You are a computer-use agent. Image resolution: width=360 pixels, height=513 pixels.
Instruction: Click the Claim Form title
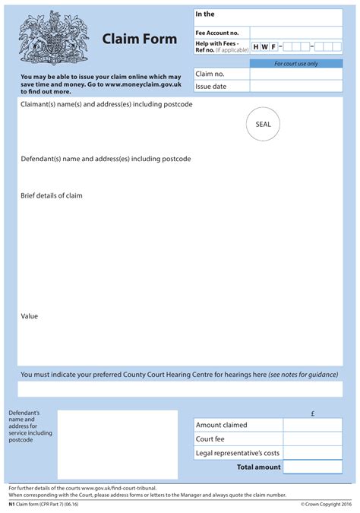[139, 39]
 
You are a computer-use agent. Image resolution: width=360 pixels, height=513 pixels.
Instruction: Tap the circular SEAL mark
[263, 124]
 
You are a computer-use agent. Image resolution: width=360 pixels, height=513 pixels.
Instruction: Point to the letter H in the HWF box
[256, 47]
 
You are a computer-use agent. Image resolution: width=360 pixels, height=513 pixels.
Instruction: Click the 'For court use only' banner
[295, 64]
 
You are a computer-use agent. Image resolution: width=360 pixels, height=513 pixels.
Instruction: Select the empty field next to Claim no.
[295, 74]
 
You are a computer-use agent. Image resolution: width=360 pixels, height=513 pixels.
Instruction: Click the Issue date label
[211, 87]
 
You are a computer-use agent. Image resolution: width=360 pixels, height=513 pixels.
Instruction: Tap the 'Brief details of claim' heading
[51, 195]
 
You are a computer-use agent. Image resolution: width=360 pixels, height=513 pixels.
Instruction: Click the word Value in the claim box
[29, 315]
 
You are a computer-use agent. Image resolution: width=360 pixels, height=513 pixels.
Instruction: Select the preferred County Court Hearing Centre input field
[180, 389]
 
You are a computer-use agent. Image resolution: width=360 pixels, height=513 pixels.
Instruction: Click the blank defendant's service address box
[117, 445]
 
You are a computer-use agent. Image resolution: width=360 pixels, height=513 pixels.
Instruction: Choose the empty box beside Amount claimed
[312, 425]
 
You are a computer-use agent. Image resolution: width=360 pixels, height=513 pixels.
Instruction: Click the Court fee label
[210, 439]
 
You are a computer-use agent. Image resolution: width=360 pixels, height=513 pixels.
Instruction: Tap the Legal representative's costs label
[238, 453]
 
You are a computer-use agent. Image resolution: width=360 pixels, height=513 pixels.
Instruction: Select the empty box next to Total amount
[312, 467]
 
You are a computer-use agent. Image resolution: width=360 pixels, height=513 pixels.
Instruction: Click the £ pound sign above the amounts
[312, 413]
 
